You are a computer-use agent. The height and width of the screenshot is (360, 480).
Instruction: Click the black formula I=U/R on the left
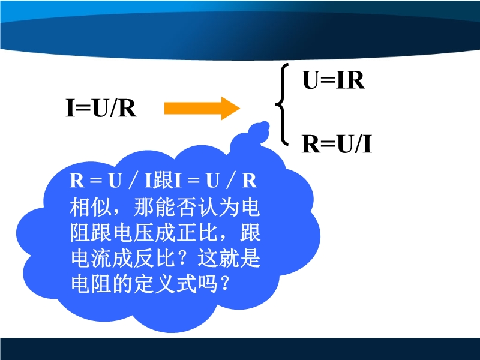(x=101, y=108)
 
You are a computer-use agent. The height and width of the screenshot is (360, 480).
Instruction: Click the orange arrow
(x=202, y=109)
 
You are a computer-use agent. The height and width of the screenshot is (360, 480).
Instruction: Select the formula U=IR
(x=334, y=80)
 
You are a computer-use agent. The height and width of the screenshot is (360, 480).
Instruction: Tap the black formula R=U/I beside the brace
(x=337, y=144)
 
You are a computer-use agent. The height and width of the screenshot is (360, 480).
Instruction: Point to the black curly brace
(x=282, y=104)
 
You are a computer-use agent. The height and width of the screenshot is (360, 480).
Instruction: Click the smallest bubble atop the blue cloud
(x=265, y=125)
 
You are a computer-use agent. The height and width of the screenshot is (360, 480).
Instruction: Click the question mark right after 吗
(x=224, y=284)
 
